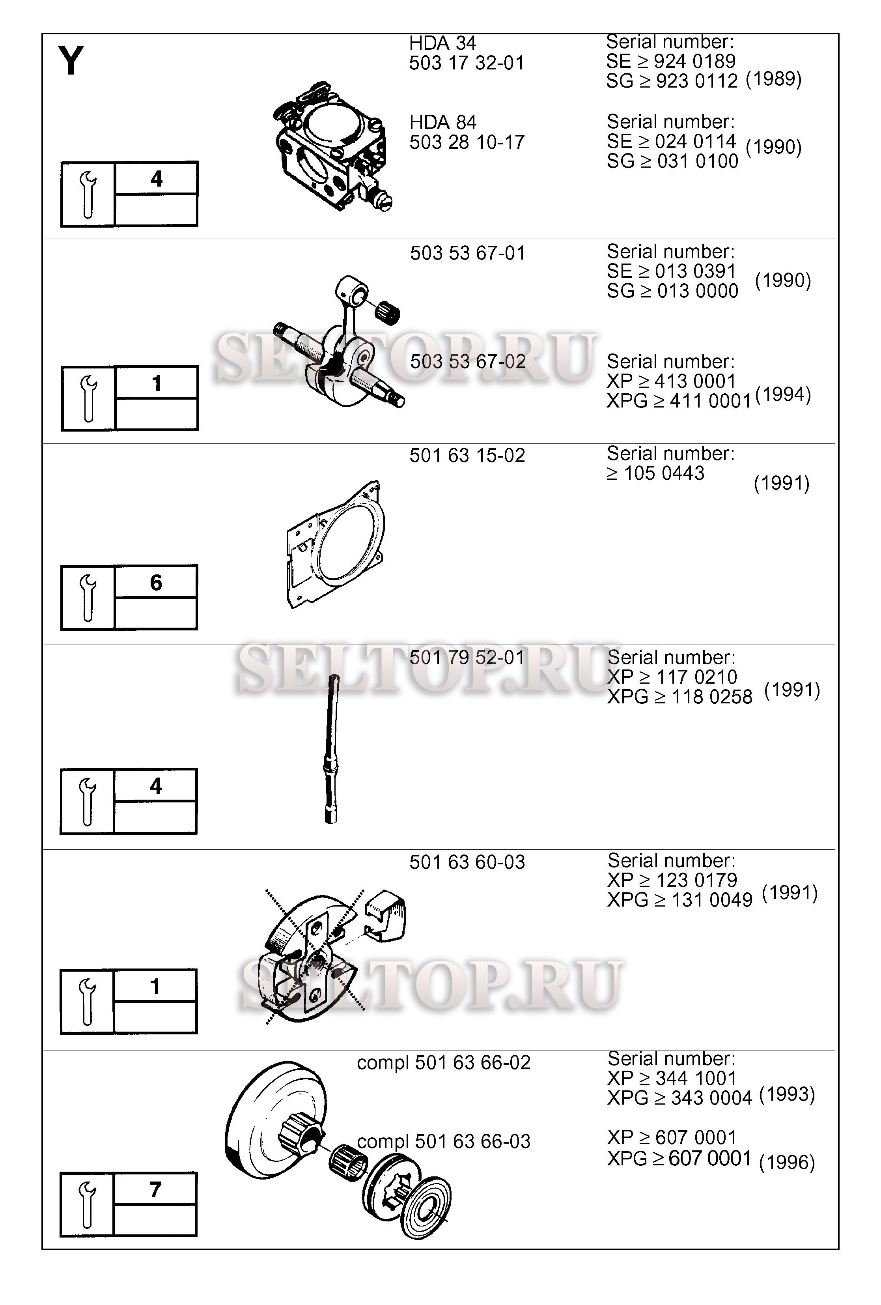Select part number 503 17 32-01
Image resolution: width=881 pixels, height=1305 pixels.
467,63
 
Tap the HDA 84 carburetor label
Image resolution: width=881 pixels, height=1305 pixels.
442,122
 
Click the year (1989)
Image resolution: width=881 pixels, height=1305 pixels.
773,79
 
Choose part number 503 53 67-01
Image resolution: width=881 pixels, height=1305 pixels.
467,253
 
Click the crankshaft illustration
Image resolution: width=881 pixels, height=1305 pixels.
339,341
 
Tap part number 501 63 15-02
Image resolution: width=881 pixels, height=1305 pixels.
467,455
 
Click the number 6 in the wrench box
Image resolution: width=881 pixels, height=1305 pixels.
156,582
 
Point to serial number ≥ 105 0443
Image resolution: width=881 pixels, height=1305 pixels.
655,473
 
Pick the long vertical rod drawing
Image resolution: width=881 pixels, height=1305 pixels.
331,748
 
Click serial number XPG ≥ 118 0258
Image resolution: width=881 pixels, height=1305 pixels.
679,697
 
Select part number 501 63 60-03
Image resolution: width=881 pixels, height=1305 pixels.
467,862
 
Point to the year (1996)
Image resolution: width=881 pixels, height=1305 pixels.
787,1162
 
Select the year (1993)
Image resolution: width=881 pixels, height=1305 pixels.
787,1094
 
